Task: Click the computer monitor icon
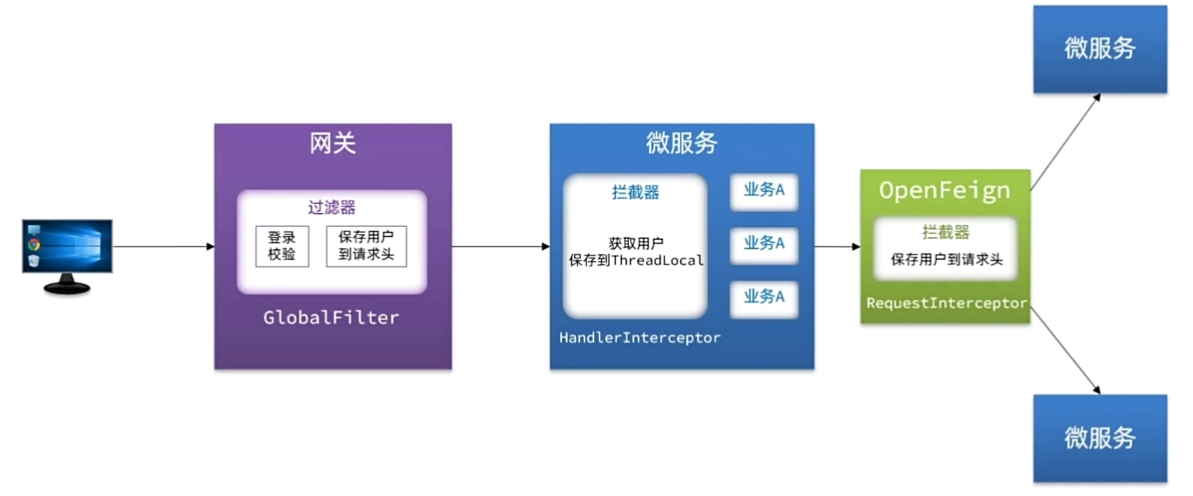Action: click(x=67, y=254)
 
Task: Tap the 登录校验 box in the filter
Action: click(x=282, y=246)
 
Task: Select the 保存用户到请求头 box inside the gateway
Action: click(x=366, y=246)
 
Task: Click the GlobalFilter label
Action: click(x=331, y=318)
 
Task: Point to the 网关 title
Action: click(x=332, y=143)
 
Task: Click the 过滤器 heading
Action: click(x=332, y=207)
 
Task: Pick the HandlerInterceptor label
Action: click(x=639, y=338)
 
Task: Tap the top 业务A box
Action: click(x=763, y=190)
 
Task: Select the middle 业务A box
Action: click(x=763, y=244)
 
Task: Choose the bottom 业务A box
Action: click(x=763, y=297)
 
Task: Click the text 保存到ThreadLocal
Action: click(x=636, y=260)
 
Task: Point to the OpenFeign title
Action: click(x=945, y=190)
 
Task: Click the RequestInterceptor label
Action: click(x=946, y=303)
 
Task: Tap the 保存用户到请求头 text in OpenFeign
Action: click(x=946, y=260)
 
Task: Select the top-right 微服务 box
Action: click(x=1100, y=49)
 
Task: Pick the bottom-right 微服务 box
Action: click(x=1100, y=438)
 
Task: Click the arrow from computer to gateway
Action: click(x=162, y=246)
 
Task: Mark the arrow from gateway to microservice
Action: click(x=500, y=246)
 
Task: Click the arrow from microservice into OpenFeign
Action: click(x=836, y=246)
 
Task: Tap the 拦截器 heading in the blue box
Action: click(x=636, y=193)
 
